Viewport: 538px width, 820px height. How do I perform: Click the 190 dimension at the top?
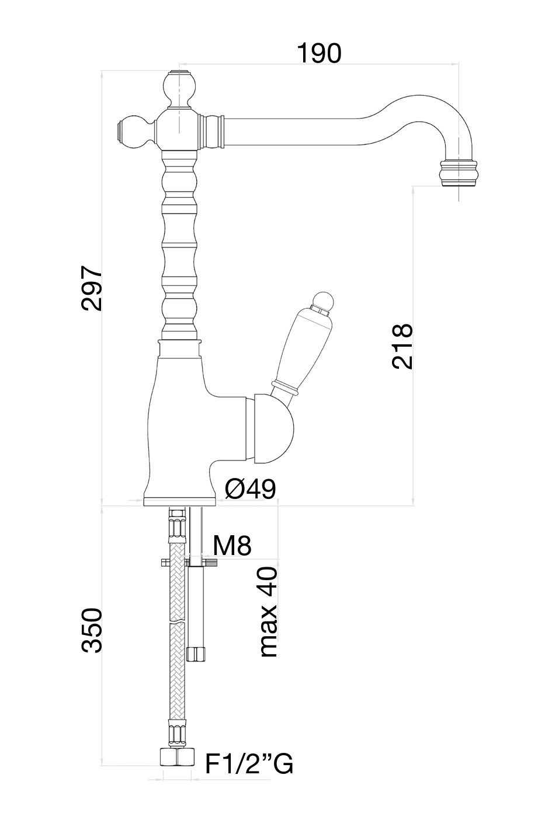coord(319,53)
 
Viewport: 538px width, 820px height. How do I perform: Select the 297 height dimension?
coord(92,289)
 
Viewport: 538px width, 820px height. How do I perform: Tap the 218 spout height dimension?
coord(402,346)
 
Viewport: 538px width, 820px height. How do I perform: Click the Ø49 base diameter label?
coord(250,489)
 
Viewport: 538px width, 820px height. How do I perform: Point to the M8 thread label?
coord(232,546)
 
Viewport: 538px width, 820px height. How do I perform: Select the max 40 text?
coord(268,612)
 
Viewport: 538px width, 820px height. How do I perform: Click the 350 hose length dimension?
coord(92,630)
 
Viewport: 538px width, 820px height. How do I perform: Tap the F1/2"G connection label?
coord(249,763)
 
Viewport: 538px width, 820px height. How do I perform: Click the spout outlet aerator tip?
coord(460,173)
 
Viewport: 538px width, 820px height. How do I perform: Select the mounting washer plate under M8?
coord(189,563)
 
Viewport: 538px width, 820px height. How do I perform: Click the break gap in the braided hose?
coord(176,622)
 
